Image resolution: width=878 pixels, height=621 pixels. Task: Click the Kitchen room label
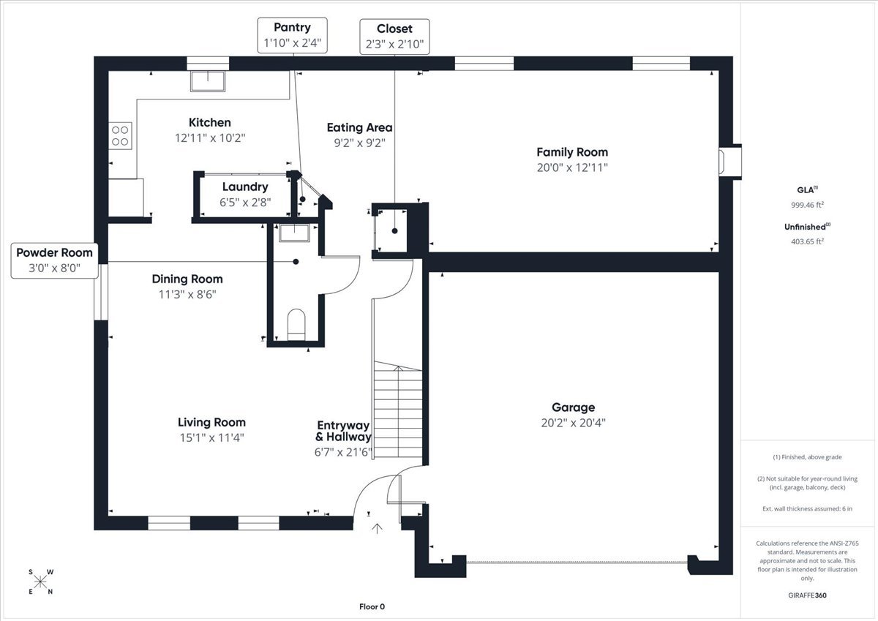(210, 123)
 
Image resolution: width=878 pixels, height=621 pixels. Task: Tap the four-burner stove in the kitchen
(120, 136)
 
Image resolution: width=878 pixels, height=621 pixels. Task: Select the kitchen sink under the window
(208, 81)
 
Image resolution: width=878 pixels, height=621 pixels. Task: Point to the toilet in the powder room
(296, 325)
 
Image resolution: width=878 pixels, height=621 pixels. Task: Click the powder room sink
(294, 233)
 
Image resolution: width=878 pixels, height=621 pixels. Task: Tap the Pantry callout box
(293, 35)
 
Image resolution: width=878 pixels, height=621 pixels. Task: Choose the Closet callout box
(394, 37)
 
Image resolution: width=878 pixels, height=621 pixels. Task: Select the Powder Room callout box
(54, 260)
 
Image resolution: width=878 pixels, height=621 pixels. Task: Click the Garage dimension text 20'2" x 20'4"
(574, 423)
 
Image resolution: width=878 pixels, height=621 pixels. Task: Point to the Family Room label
(572, 152)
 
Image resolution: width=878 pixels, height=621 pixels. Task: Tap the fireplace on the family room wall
(730, 162)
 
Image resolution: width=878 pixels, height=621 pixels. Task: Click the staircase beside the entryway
(398, 410)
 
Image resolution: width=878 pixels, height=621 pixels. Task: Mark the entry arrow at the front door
(377, 529)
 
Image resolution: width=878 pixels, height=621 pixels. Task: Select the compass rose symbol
(40, 582)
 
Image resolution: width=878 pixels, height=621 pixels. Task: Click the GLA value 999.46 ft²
(808, 205)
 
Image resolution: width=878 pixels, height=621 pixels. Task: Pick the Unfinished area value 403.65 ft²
(808, 241)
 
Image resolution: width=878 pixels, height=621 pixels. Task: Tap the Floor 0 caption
(372, 607)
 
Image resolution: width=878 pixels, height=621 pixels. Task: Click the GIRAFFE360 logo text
(808, 595)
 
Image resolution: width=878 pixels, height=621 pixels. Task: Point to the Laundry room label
(245, 187)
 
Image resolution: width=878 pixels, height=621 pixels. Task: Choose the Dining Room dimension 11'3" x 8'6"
(187, 294)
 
